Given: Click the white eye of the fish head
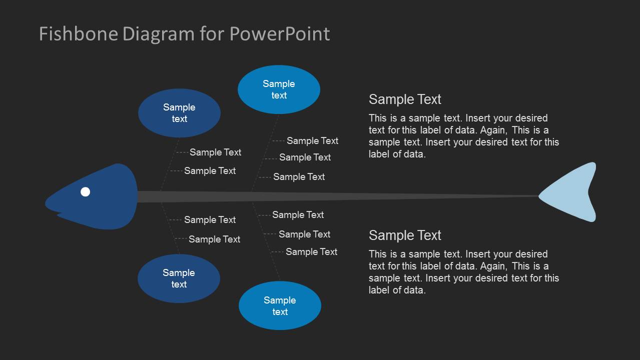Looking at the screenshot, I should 86,191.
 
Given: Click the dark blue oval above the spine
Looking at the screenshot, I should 179,113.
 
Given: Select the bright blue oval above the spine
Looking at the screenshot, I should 279,89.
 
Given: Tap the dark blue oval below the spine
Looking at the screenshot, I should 179,278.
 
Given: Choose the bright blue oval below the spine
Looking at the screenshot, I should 280,305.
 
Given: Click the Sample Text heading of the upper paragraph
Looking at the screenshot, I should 405,99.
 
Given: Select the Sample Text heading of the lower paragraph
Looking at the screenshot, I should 405,235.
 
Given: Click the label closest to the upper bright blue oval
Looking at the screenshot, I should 312,141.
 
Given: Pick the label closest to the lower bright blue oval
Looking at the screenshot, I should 311,252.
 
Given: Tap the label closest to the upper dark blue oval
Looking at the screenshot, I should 215,152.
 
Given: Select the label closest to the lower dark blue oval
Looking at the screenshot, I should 214,239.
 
